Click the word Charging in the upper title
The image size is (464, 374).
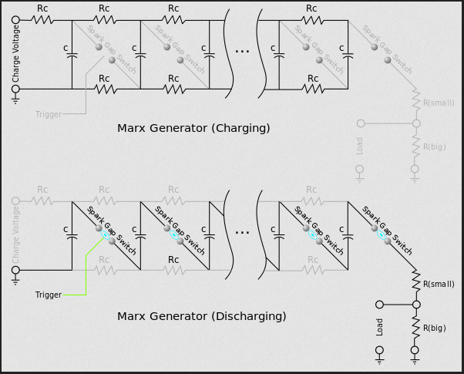coord(241,128)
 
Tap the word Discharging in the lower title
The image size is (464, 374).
coord(249,316)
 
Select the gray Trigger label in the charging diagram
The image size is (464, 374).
coord(49,114)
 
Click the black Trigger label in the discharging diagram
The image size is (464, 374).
coord(49,295)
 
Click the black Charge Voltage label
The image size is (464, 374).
coord(15,54)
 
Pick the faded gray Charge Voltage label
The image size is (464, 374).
coord(15,235)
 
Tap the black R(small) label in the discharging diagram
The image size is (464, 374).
coord(439,285)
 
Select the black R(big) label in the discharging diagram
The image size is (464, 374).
coord(435,328)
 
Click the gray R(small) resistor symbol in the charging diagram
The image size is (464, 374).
coord(416,99)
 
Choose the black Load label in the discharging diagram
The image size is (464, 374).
coord(379,327)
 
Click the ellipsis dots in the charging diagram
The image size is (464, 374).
coord(242,52)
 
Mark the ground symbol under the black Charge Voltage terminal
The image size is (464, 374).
coord(15,100)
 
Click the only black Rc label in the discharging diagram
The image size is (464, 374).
coord(173,260)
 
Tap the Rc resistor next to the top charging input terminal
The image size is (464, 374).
coord(42,20)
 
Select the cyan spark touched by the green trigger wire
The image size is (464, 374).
coord(105,235)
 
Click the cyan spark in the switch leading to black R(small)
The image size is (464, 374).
coord(381,235)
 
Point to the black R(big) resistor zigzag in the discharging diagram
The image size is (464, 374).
coord(416,327)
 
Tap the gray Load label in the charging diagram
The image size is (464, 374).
coord(359,146)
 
